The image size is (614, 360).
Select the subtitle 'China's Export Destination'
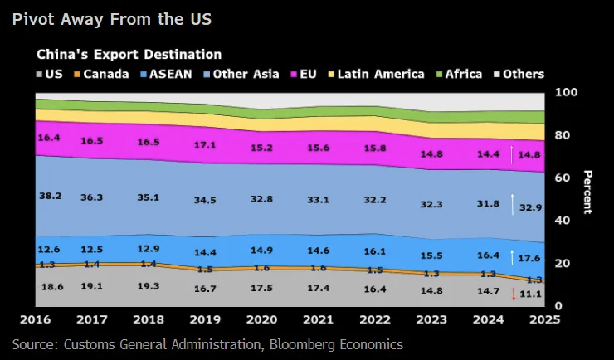[x=129, y=54]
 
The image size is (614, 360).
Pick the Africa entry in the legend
[x=457, y=74]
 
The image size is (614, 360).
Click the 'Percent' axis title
[x=587, y=192]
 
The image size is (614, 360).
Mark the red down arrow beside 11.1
[x=514, y=293]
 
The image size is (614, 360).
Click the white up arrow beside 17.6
[x=514, y=257]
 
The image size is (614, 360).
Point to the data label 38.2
[x=51, y=197]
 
